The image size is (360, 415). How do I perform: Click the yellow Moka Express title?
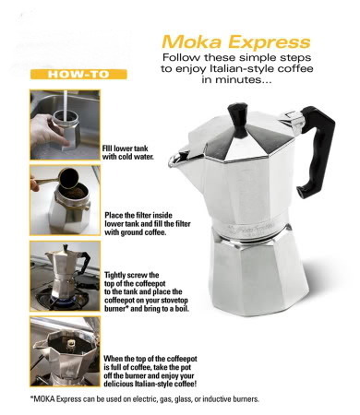[x=236, y=42]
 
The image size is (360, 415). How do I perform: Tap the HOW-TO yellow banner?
[x=78, y=75]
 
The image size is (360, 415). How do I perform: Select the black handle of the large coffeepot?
[x=317, y=151]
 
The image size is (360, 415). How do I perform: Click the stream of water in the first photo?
[x=66, y=106]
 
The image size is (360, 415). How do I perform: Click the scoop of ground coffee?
[x=69, y=179]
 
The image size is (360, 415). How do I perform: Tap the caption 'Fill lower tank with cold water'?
[x=128, y=152]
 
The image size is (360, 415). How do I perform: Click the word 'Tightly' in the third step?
[x=114, y=275]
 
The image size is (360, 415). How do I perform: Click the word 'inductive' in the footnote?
[x=218, y=399]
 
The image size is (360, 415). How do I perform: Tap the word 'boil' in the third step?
[x=181, y=308]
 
